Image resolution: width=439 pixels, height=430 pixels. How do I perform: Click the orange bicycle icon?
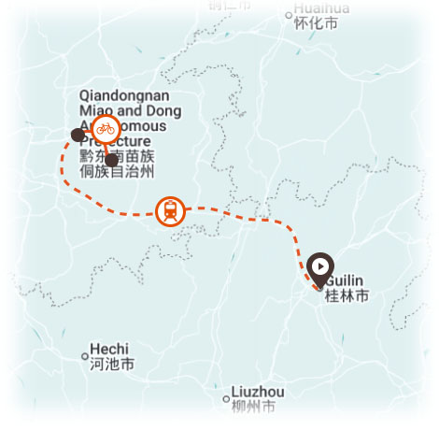point(105,128)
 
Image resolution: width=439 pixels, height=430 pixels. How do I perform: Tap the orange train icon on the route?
point(170,211)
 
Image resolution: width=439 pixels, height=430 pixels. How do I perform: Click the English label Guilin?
point(342,281)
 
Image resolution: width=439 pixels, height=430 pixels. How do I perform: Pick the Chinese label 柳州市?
point(255,407)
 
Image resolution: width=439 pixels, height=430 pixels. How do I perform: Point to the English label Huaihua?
point(321,7)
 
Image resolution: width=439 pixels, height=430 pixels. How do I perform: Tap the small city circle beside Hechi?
point(85,355)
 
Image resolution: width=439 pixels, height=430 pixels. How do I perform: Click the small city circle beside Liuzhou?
point(226,398)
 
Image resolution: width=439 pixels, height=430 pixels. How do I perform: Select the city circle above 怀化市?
point(288,15)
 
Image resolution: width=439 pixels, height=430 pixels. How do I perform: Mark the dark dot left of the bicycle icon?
point(78,135)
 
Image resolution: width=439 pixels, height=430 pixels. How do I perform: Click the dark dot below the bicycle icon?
point(111,160)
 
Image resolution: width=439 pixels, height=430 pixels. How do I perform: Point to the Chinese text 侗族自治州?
point(117,172)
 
